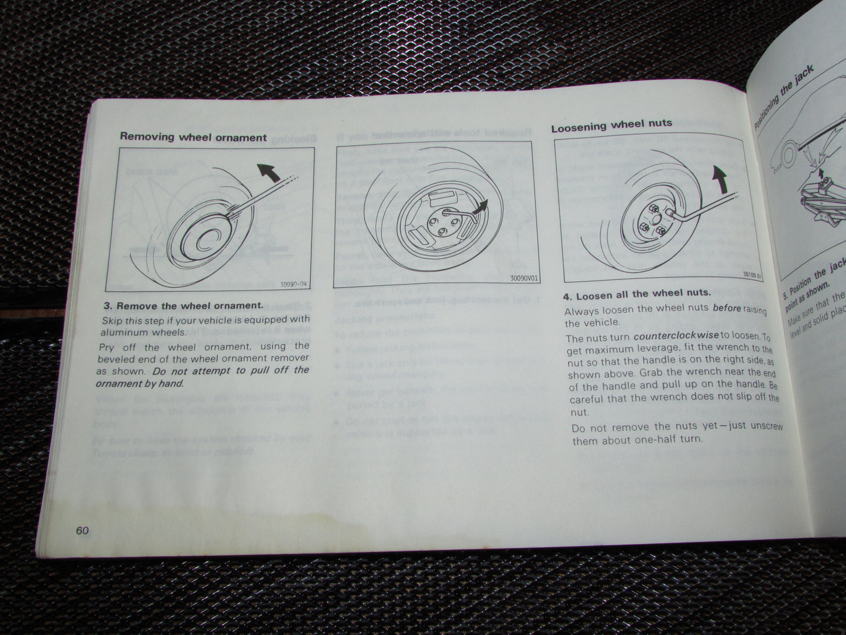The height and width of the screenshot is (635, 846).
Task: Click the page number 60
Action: [81, 531]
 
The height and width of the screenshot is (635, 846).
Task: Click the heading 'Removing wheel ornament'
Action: [193, 137]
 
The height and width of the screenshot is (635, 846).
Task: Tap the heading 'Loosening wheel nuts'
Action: [611, 125]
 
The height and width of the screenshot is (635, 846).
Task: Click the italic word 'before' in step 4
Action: [727, 308]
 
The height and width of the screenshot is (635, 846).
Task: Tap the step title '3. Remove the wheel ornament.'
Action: [183, 305]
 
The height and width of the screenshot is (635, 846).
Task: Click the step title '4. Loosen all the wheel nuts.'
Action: [636, 295]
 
